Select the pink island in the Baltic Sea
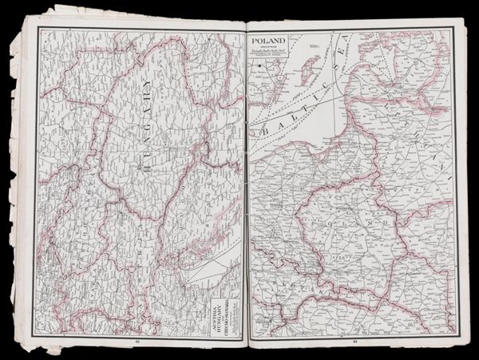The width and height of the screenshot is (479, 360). pyautogui.click(x=307, y=63)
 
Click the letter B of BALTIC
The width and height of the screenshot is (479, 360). pyautogui.click(x=261, y=129)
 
